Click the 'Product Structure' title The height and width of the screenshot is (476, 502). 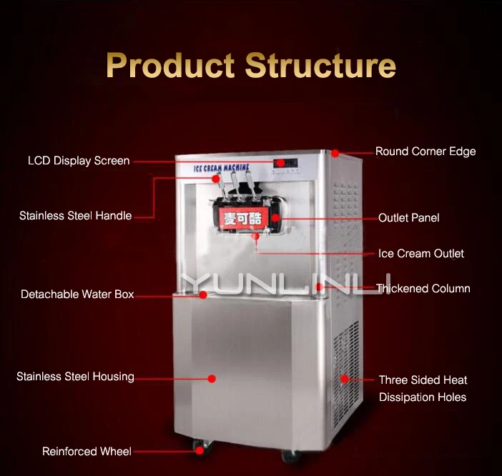[250, 65]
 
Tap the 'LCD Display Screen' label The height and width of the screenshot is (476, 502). [79, 161]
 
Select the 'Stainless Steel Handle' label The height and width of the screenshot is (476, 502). [75, 215]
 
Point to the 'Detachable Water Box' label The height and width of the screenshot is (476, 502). [77, 294]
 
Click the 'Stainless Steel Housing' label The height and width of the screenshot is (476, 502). [75, 377]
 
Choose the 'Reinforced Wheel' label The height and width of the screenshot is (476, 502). [87, 451]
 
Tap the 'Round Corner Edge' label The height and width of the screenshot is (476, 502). [425, 152]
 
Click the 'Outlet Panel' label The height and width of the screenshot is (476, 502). [408, 217]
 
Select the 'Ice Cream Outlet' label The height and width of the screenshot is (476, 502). [420, 254]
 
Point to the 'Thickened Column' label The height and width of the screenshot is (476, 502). [423, 289]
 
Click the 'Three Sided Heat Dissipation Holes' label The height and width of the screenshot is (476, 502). [423, 388]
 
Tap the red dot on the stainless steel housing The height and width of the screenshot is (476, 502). [212, 379]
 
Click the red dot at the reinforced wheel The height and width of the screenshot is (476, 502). [200, 451]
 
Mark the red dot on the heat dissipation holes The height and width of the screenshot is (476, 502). [344, 379]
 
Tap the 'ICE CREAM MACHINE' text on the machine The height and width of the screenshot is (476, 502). [220, 169]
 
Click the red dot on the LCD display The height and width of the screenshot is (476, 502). [280, 164]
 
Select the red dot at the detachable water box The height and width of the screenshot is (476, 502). [203, 294]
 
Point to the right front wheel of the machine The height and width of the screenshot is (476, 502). [288, 455]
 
